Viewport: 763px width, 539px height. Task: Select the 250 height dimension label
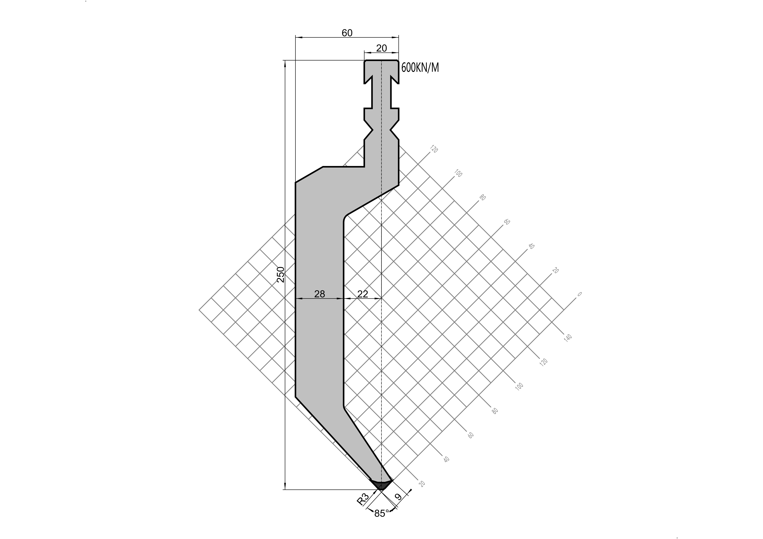tap(281, 274)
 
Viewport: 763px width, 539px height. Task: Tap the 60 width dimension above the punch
tap(347, 33)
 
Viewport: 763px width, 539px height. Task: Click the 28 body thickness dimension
tap(319, 294)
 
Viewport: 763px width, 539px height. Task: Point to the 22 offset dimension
tap(363, 294)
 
